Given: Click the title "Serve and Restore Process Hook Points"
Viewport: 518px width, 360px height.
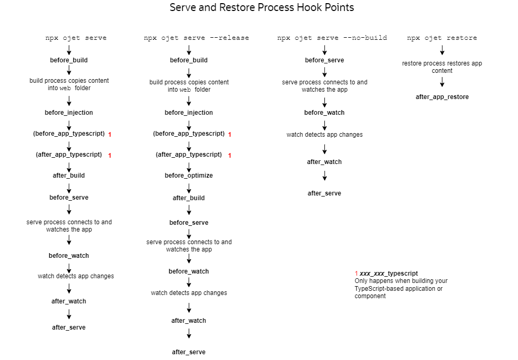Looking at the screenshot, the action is pyautogui.click(x=262, y=7).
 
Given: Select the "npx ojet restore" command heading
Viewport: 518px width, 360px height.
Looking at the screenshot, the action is pyautogui.click(x=442, y=38).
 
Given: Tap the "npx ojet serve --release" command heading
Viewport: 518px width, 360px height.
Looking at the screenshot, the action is pyautogui.click(x=196, y=38).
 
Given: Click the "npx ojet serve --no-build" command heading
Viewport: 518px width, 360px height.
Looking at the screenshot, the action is pyautogui.click(x=332, y=38).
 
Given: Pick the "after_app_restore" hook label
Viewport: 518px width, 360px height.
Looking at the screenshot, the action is pyautogui.click(x=442, y=97).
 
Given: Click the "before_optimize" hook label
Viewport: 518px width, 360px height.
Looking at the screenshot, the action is pyautogui.click(x=189, y=176).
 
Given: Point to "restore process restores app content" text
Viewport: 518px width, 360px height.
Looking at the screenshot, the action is pyautogui.click(x=442, y=67).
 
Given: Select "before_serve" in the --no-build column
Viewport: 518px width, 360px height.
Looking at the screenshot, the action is pyautogui.click(x=324, y=60).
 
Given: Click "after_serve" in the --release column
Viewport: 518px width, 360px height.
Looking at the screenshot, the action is pyautogui.click(x=189, y=352).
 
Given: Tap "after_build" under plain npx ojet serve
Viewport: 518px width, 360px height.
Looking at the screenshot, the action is pyautogui.click(x=69, y=176).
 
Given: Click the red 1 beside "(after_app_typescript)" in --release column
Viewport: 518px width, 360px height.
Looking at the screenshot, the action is pyautogui.click(x=229, y=156).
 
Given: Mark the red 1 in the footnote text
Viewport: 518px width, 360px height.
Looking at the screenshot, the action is pyautogui.click(x=357, y=274).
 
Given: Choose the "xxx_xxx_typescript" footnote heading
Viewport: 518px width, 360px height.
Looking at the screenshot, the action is pyautogui.click(x=389, y=274).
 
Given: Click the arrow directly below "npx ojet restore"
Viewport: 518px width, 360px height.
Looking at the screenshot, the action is pyautogui.click(x=442, y=50).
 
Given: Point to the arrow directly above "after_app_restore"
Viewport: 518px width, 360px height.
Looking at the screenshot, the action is pyautogui.click(x=442, y=82).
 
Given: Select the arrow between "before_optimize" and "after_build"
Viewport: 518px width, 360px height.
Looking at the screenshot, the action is pyautogui.click(x=189, y=189).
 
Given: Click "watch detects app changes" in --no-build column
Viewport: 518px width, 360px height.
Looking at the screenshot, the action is pyautogui.click(x=324, y=135).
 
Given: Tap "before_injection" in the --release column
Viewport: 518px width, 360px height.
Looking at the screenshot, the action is pyautogui.click(x=189, y=113).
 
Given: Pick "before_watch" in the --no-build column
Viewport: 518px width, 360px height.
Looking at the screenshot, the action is pyautogui.click(x=324, y=113).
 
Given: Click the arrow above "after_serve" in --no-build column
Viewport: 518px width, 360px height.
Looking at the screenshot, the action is pyautogui.click(x=324, y=176).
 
